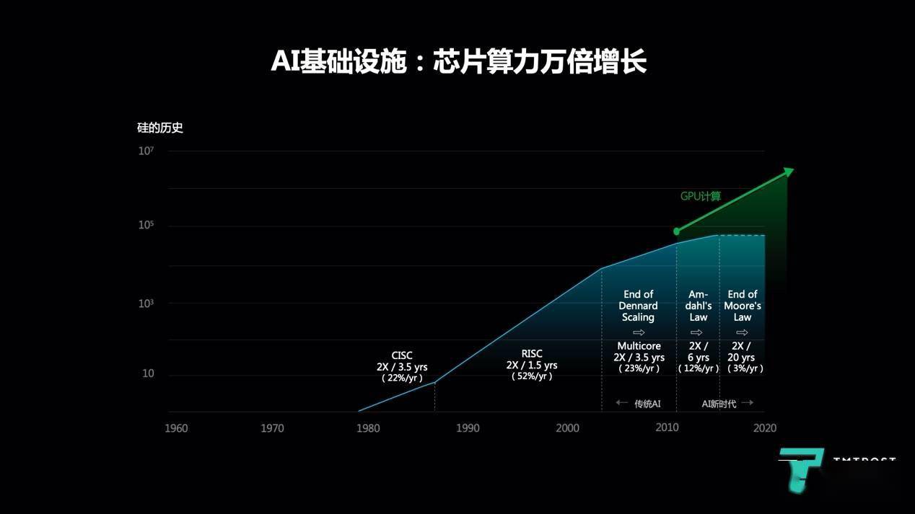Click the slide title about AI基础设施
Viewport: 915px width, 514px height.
pyautogui.click(x=457, y=62)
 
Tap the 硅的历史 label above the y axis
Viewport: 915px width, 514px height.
pyautogui.click(x=159, y=128)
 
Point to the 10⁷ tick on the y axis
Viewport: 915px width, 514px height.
pyautogui.click(x=146, y=151)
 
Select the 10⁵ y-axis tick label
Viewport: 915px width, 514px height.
pyautogui.click(x=146, y=226)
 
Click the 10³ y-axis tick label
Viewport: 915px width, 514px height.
pyautogui.click(x=146, y=303)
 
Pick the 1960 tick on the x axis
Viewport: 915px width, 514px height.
pyautogui.click(x=176, y=428)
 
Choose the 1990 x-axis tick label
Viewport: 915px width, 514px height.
pyautogui.click(x=468, y=428)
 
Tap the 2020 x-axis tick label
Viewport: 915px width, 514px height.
pyautogui.click(x=765, y=428)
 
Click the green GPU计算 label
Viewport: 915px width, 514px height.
pyautogui.click(x=701, y=196)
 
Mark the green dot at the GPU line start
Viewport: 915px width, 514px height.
pyautogui.click(x=677, y=231)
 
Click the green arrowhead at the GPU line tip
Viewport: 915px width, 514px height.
pyautogui.click(x=789, y=172)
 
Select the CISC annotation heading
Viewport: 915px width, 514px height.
pyautogui.click(x=402, y=355)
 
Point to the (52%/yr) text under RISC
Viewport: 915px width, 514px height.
pyautogui.click(x=532, y=376)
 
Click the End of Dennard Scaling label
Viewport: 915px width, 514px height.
pyautogui.click(x=638, y=306)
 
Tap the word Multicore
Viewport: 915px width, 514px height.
pyautogui.click(x=639, y=346)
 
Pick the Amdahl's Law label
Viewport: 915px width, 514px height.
pyautogui.click(x=699, y=306)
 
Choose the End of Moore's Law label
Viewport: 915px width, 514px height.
pyautogui.click(x=743, y=306)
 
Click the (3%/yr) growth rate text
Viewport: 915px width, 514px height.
pyautogui.click(x=743, y=368)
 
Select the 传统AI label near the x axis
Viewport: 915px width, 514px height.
pyautogui.click(x=647, y=404)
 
